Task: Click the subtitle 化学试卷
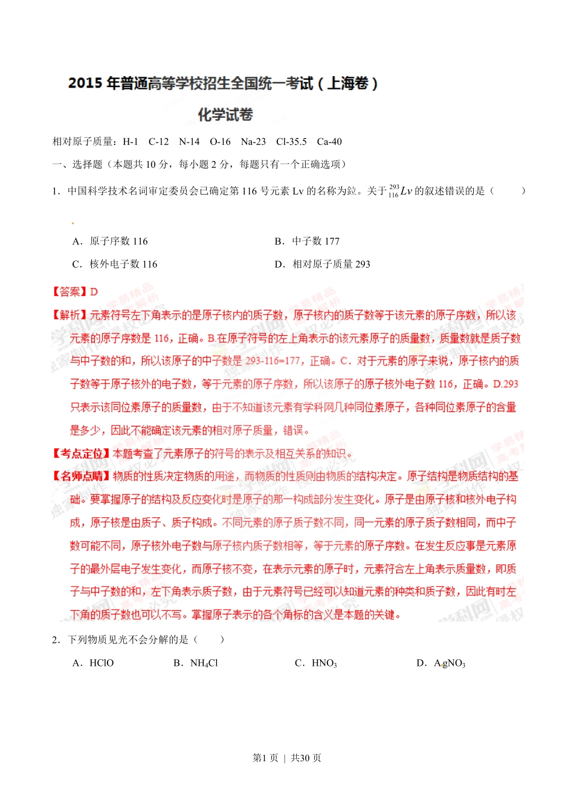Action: [x=225, y=115]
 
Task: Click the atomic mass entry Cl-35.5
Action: [x=291, y=142]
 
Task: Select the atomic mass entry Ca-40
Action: [x=329, y=142]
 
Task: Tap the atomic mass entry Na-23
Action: [x=253, y=142]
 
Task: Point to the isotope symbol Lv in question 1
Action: [x=405, y=192]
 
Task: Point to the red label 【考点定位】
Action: [x=81, y=454]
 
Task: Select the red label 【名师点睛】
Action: [x=81, y=476]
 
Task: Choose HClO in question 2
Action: [x=102, y=663]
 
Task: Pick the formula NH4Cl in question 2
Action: [x=204, y=663]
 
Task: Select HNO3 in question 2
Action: [x=324, y=663]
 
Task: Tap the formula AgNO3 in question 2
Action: [x=450, y=663]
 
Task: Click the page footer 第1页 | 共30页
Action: [x=287, y=758]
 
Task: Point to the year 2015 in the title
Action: [x=85, y=83]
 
